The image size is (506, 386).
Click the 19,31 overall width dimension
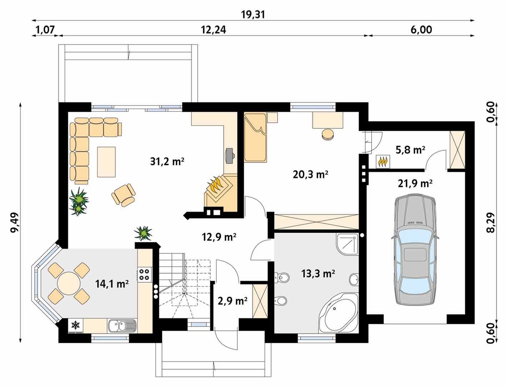click(253, 15)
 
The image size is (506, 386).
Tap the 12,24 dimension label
click(213, 30)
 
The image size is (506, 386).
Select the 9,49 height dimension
click(15, 222)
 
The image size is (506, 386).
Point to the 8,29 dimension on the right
click(491, 222)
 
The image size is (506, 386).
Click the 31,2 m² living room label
click(167, 162)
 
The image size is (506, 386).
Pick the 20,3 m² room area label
click(311, 174)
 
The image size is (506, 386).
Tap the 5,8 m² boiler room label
click(410, 150)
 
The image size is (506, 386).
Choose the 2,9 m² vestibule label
click(232, 301)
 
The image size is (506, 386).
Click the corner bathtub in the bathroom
click(339, 313)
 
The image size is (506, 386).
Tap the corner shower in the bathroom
click(347, 244)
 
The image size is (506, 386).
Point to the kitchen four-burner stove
click(145, 274)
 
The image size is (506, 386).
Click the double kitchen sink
click(122, 326)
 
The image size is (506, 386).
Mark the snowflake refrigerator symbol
click(75, 325)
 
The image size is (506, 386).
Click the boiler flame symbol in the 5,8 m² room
click(383, 162)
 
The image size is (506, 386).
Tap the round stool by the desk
click(327, 134)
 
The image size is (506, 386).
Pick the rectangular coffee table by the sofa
click(106, 162)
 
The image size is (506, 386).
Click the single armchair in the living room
click(124, 195)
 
